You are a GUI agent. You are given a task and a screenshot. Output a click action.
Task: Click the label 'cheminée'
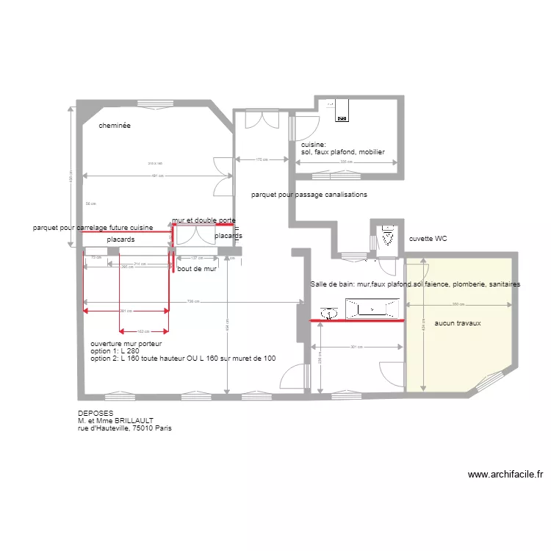(x=115, y=126)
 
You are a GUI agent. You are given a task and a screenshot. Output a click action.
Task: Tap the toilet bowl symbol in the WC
(x=386, y=237)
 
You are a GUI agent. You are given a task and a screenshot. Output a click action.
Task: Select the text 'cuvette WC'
(x=428, y=239)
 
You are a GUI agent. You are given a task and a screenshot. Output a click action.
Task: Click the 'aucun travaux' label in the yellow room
(x=458, y=323)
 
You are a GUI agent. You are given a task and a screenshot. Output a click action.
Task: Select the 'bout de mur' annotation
(x=197, y=269)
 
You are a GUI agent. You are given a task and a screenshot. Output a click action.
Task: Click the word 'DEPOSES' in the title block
(x=96, y=414)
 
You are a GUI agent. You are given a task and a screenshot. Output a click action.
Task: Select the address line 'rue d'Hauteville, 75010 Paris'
(x=125, y=428)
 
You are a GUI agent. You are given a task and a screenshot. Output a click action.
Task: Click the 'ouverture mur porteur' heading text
(x=126, y=343)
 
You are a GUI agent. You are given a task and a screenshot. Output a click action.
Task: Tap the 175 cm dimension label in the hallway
(x=262, y=159)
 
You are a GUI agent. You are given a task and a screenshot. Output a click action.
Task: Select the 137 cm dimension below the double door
(x=196, y=258)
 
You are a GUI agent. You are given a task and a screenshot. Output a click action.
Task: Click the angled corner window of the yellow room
(x=488, y=381)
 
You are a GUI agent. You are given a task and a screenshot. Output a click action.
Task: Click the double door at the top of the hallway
(x=262, y=119)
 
